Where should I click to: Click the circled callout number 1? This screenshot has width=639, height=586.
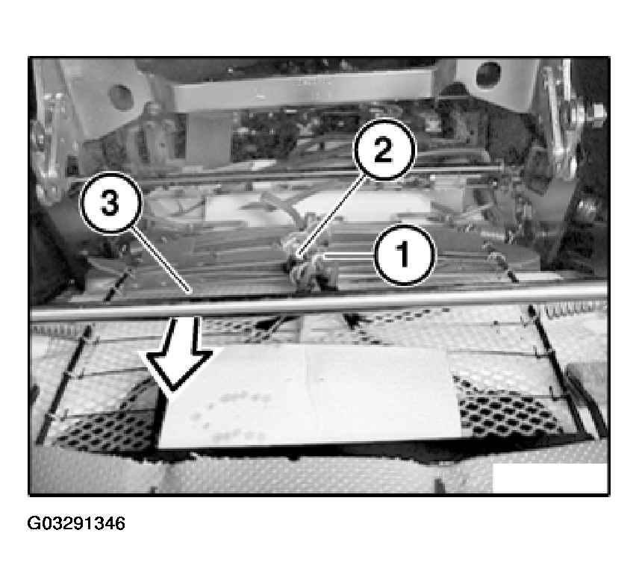click(404, 255)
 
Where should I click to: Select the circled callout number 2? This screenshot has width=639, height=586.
click(383, 150)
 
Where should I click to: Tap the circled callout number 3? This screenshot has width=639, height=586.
click(110, 203)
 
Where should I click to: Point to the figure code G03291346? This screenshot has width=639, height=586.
click(76, 523)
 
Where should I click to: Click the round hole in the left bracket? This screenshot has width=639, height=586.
click(121, 96)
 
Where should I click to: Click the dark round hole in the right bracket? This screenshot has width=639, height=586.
click(488, 75)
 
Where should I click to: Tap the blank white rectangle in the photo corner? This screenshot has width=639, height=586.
click(549, 477)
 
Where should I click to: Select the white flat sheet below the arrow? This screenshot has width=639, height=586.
click(310, 397)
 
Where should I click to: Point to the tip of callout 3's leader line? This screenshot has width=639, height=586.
click(190, 292)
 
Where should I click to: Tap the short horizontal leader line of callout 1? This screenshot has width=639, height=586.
click(349, 256)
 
